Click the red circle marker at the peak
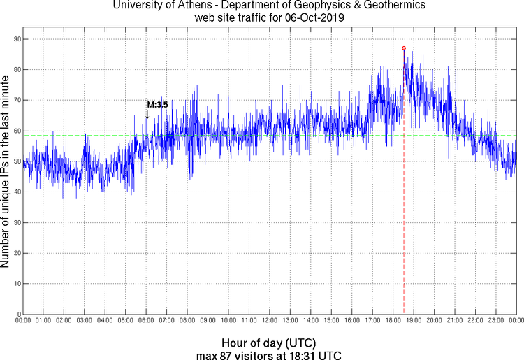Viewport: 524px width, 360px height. (404, 48)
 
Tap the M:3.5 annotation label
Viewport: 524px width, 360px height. (157, 105)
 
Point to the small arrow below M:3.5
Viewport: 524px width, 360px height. (147, 114)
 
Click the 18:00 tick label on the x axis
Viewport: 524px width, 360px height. (393, 320)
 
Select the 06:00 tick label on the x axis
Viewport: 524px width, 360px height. (146, 320)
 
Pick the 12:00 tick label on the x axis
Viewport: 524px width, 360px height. (270, 320)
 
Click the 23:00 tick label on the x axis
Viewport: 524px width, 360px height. (495, 320)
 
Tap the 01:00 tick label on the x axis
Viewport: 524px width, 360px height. (43, 320)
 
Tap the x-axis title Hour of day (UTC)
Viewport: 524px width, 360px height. (269, 343)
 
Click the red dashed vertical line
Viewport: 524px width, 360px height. (404, 210)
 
